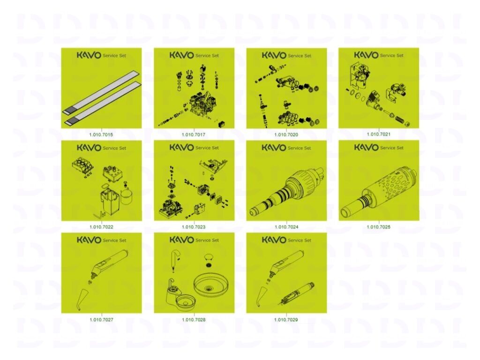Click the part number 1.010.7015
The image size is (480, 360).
[101, 135]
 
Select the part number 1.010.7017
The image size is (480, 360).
[194, 135]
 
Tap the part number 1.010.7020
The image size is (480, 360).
[286, 135]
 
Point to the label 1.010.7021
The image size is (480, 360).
[378, 134]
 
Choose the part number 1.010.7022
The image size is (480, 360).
[101, 227]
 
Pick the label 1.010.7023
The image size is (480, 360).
[194, 227]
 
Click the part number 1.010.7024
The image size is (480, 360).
[286, 227]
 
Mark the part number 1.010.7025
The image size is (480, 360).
[378, 227]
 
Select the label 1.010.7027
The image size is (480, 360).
[101, 320]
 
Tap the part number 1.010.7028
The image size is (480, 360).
[194, 320]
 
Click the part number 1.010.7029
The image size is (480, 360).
[286, 320]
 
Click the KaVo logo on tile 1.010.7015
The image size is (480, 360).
[89, 55]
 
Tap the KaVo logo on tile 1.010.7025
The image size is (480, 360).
[366, 147]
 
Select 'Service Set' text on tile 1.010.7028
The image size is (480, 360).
[207, 240]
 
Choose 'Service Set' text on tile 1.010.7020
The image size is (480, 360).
[300, 56]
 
